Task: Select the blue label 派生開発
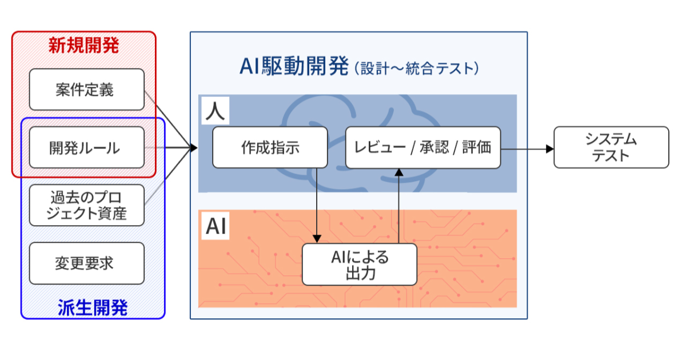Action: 93,308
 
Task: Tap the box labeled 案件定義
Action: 86,90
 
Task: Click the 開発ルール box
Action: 86,147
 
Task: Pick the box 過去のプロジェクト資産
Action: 86,205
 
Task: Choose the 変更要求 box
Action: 86,263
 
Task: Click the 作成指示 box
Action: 270,147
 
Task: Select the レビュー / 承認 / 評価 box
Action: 422,147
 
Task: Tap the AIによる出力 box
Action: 359,265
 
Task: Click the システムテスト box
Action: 611,147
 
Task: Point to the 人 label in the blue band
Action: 216,111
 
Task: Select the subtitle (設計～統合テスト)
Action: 416,69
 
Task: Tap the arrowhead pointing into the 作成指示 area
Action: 193,148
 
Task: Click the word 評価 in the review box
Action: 476,147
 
